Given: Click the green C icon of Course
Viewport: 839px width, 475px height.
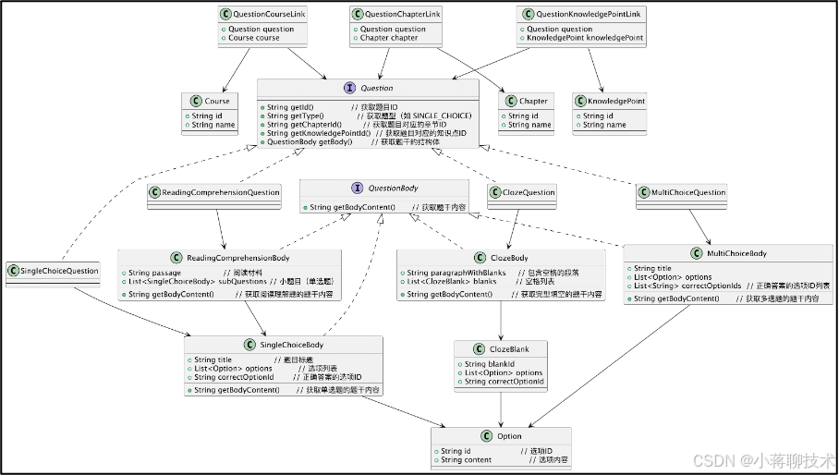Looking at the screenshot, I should click(x=195, y=101).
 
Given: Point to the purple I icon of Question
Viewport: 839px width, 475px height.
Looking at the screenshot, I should click(x=350, y=88).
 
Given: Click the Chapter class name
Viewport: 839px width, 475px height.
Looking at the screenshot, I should click(x=533, y=101).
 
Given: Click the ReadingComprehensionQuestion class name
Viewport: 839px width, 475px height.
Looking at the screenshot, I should click(x=221, y=192).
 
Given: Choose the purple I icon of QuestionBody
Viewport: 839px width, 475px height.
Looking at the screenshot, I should click(x=358, y=188).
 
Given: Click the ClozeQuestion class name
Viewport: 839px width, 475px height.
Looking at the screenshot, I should click(x=529, y=192).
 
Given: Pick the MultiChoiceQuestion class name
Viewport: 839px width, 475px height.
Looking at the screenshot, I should click(x=687, y=192).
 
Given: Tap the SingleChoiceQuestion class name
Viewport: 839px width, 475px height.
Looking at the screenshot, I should click(x=58, y=271).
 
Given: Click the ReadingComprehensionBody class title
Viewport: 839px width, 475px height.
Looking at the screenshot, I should click(x=237, y=257).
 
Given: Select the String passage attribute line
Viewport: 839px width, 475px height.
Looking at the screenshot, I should click(x=155, y=274).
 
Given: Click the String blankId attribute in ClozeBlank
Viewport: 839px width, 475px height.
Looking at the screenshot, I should click(x=488, y=364).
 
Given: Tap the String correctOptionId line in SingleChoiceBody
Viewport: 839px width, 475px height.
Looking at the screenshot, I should click(x=234, y=377).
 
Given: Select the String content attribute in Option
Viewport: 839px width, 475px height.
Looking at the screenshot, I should click(x=467, y=459).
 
